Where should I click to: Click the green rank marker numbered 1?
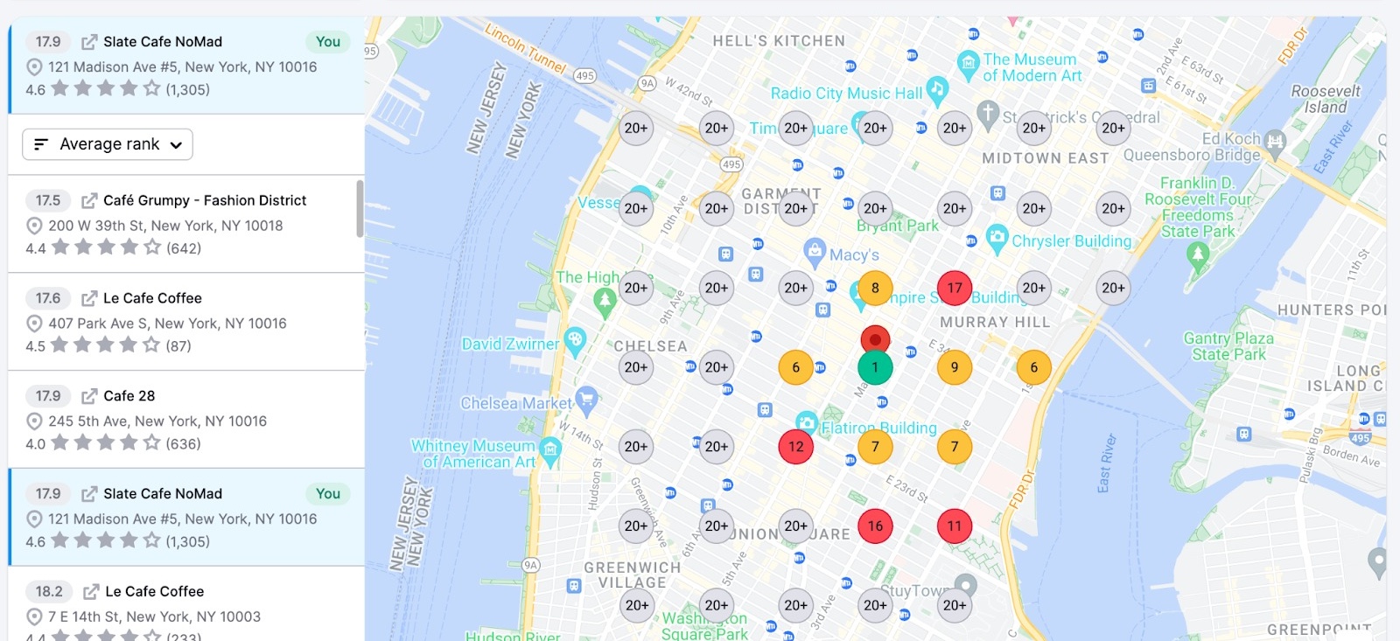pyautogui.click(x=875, y=367)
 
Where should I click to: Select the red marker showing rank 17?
pyautogui.click(x=955, y=288)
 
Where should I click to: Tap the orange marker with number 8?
pyautogui.click(x=875, y=288)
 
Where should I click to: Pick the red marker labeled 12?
pyautogui.click(x=795, y=446)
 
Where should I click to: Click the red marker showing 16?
pyautogui.click(x=875, y=526)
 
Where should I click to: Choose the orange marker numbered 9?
pyautogui.click(x=955, y=367)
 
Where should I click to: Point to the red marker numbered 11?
pyautogui.click(x=955, y=526)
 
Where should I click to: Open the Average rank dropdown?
pyautogui.click(x=108, y=144)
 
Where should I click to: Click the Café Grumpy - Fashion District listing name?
pyautogui.click(x=205, y=200)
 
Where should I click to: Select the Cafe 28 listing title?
pyautogui.click(x=129, y=396)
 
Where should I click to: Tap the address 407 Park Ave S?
pyautogui.click(x=167, y=324)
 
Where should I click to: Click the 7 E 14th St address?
pyautogui.click(x=154, y=617)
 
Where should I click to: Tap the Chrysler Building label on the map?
pyautogui.click(x=1071, y=240)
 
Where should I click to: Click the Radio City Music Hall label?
pyautogui.click(x=846, y=94)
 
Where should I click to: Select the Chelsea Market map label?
pyautogui.click(x=516, y=403)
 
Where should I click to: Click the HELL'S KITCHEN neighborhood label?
pyautogui.click(x=779, y=41)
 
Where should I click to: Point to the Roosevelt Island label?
pyautogui.click(x=1326, y=99)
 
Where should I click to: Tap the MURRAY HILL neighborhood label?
pyautogui.click(x=995, y=322)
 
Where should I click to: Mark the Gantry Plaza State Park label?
pyautogui.click(x=1228, y=346)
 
